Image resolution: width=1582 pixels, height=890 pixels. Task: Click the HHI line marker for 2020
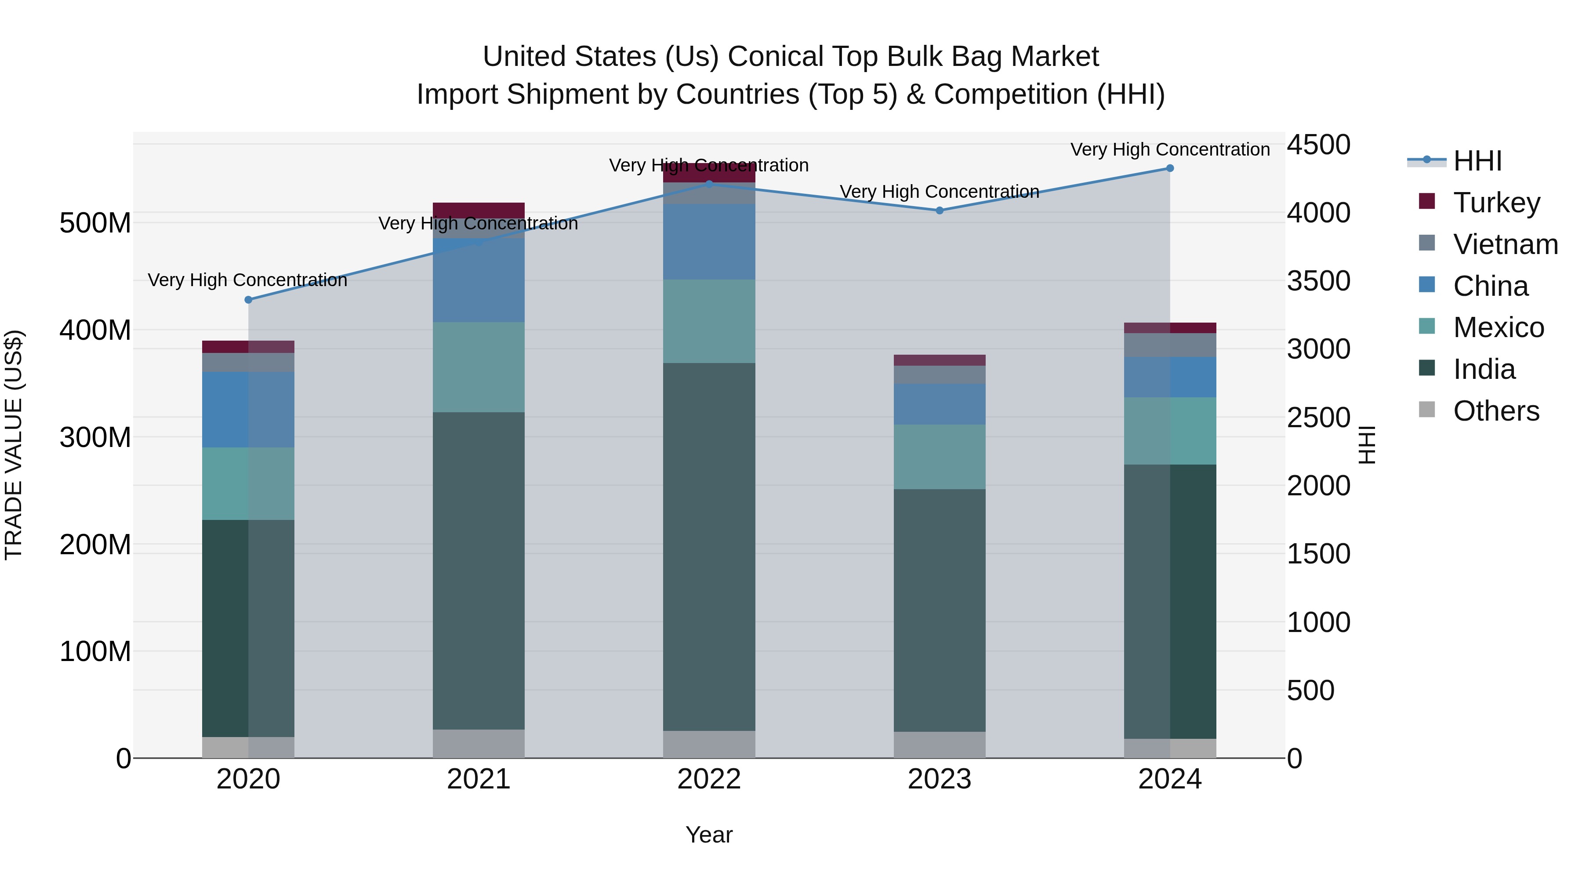[x=248, y=300]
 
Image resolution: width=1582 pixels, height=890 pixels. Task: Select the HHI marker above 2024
[x=1169, y=168]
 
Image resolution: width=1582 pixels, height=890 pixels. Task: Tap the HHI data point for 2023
[x=939, y=211]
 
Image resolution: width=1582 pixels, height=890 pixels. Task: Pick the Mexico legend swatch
[x=1426, y=326]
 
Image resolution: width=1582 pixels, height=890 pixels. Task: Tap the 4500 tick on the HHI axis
[x=1318, y=145]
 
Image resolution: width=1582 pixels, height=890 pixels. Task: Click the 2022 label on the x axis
[x=709, y=779]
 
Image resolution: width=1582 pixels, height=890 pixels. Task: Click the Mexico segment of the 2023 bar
[x=939, y=457]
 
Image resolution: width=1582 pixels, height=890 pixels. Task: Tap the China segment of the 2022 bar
[x=709, y=242]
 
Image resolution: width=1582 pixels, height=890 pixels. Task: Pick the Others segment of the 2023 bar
[x=939, y=745]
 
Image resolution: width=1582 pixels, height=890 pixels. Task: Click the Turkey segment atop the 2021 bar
[x=479, y=210]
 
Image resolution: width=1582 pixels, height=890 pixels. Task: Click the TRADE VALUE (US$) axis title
[x=14, y=445]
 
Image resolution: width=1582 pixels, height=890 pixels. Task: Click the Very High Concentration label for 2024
[x=1169, y=149]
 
